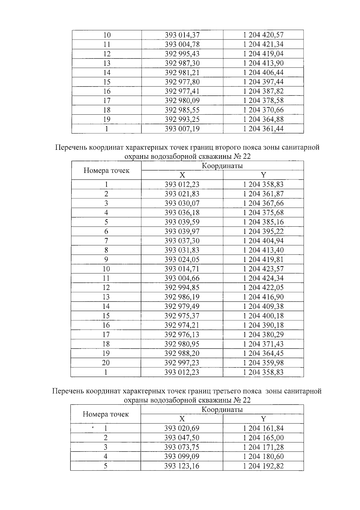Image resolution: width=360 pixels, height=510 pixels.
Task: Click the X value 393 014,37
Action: [x=182, y=35]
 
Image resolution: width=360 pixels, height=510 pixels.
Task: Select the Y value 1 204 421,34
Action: [x=263, y=44]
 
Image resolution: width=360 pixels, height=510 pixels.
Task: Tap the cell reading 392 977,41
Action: [x=182, y=91]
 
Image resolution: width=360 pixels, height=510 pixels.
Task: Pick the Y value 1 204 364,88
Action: [x=263, y=119]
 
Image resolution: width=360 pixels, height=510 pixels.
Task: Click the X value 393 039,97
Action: [x=182, y=231]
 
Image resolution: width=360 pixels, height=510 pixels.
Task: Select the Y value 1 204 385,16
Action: [x=263, y=222]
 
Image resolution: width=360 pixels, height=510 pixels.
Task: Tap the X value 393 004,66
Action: [x=182, y=278]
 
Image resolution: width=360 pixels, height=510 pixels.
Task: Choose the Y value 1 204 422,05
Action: [x=263, y=288]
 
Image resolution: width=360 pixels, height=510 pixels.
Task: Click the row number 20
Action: [x=106, y=363]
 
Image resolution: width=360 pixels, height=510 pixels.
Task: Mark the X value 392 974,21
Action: [x=182, y=325]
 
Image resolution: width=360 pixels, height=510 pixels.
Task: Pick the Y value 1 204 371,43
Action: [x=263, y=344]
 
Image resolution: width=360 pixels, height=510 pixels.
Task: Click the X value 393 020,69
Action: [x=182, y=428]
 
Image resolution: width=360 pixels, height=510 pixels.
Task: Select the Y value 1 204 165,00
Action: [x=263, y=438]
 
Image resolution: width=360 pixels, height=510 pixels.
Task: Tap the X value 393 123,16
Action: [x=182, y=466]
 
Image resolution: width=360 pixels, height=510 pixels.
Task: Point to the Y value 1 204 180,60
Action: [x=263, y=457]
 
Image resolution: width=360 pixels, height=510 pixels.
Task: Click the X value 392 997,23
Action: [x=182, y=363]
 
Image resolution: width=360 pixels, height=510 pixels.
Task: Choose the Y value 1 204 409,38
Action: [x=263, y=306]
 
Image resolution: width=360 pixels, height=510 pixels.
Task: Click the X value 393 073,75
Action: [x=182, y=447]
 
